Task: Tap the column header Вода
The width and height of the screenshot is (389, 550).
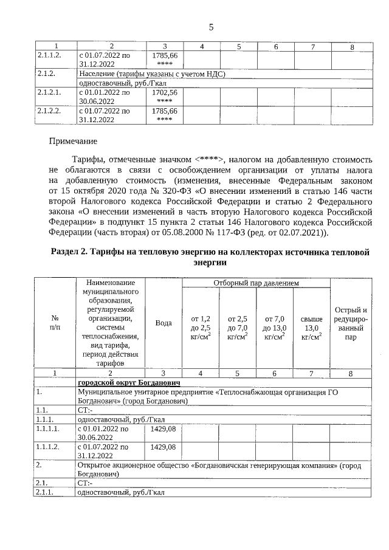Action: click(x=164, y=323)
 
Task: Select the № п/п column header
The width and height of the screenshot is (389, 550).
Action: click(x=55, y=323)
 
